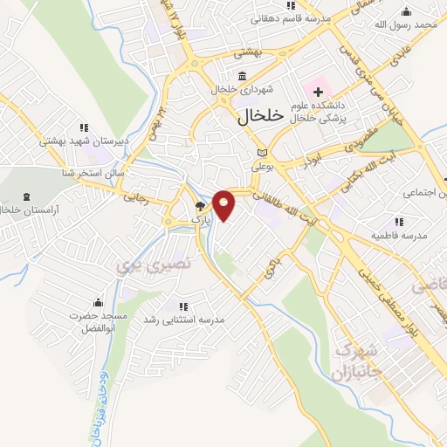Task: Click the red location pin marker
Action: (224, 203)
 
